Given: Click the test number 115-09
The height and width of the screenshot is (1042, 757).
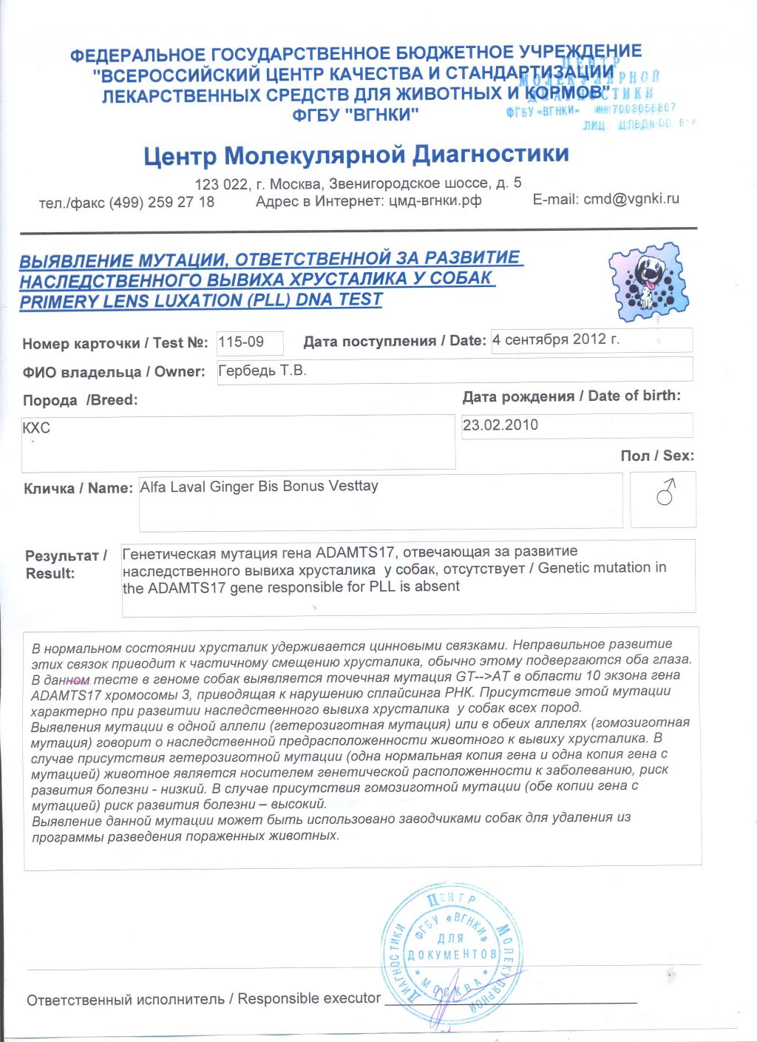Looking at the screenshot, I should point(241,342).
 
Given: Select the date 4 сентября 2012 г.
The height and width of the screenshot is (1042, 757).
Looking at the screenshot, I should point(556,339).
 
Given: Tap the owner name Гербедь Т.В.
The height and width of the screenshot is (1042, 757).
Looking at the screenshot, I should point(262,371).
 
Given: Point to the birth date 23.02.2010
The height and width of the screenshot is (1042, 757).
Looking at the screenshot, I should point(500,425).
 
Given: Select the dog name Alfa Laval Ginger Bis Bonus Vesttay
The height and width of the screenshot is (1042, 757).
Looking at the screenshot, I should point(259,487).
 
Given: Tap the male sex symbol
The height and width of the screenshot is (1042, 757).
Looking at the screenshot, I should point(665,492).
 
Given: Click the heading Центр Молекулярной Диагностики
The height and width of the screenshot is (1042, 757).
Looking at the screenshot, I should point(356,155).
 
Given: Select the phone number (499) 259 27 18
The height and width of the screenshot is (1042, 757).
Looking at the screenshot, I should point(162,202).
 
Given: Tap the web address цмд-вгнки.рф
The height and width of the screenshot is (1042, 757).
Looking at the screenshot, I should point(435,200).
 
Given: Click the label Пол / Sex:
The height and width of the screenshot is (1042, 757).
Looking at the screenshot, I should point(657,456).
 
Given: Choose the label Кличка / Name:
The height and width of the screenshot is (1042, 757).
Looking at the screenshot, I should point(78,488).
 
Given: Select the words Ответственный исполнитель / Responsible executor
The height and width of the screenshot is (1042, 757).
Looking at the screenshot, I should point(203,999).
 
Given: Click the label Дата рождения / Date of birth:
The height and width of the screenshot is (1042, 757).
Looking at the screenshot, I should point(571,396).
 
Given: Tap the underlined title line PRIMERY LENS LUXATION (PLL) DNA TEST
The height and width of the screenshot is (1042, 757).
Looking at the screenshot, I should point(201,300).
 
